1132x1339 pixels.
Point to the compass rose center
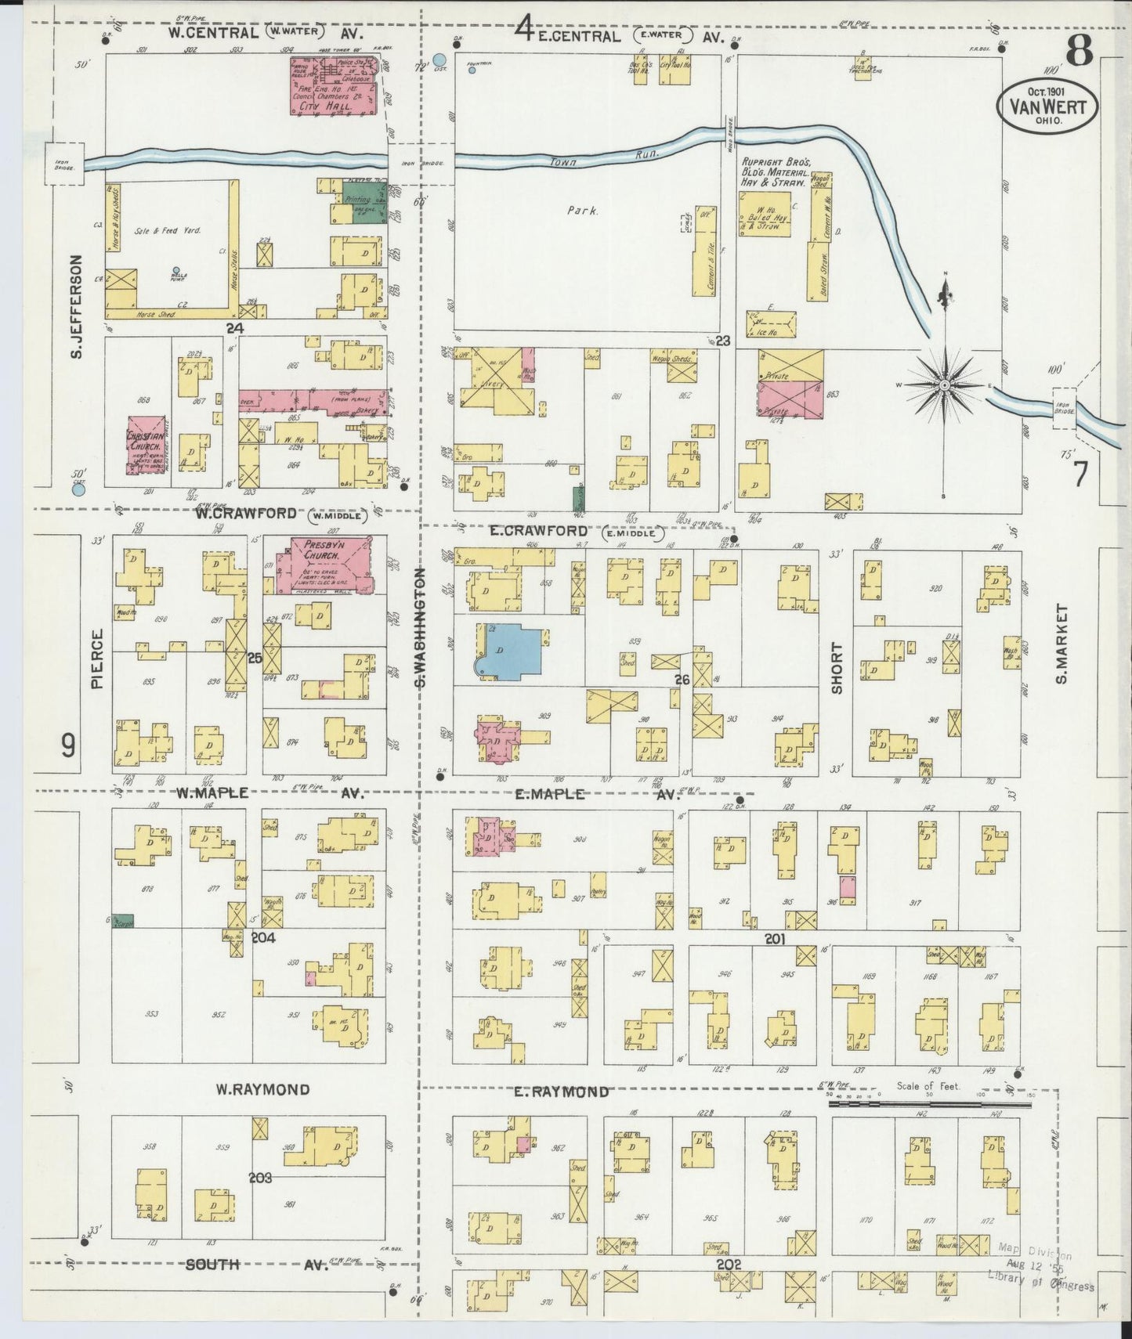946,385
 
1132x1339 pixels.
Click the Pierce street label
98,659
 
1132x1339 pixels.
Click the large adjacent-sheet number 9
69,745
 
